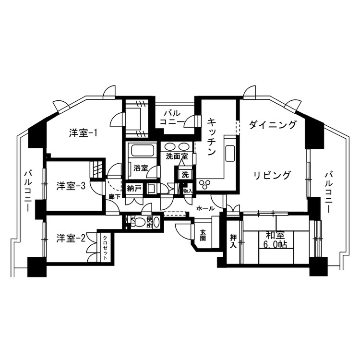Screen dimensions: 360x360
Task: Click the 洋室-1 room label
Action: tap(83, 133)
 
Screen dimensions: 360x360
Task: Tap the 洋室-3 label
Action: tap(71, 186)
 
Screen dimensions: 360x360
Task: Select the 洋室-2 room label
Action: tap(71, 239)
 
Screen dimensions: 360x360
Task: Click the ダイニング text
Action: tap(272, 125)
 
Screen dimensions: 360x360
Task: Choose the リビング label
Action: tap(272, 176)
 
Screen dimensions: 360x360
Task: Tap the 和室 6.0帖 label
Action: tap(275, 240)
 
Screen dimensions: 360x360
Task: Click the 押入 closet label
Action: tap(233, 241)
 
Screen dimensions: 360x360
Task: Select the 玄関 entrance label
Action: tap(203, 235)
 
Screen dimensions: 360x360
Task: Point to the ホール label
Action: tap(205, 208)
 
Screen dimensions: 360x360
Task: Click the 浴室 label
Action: tap(141, 168)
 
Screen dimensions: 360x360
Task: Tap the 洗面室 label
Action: tap(177, 156)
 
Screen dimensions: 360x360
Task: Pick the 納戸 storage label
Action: tap(134, 189)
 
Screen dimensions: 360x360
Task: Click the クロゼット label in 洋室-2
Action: tap(105, 248)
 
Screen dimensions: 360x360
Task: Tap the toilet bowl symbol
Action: tap(137, 222)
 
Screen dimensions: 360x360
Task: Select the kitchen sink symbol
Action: tap(230, 154)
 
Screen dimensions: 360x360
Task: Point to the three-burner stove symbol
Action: tap(204, 184)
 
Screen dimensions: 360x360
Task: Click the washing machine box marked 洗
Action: tap(185, 175)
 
